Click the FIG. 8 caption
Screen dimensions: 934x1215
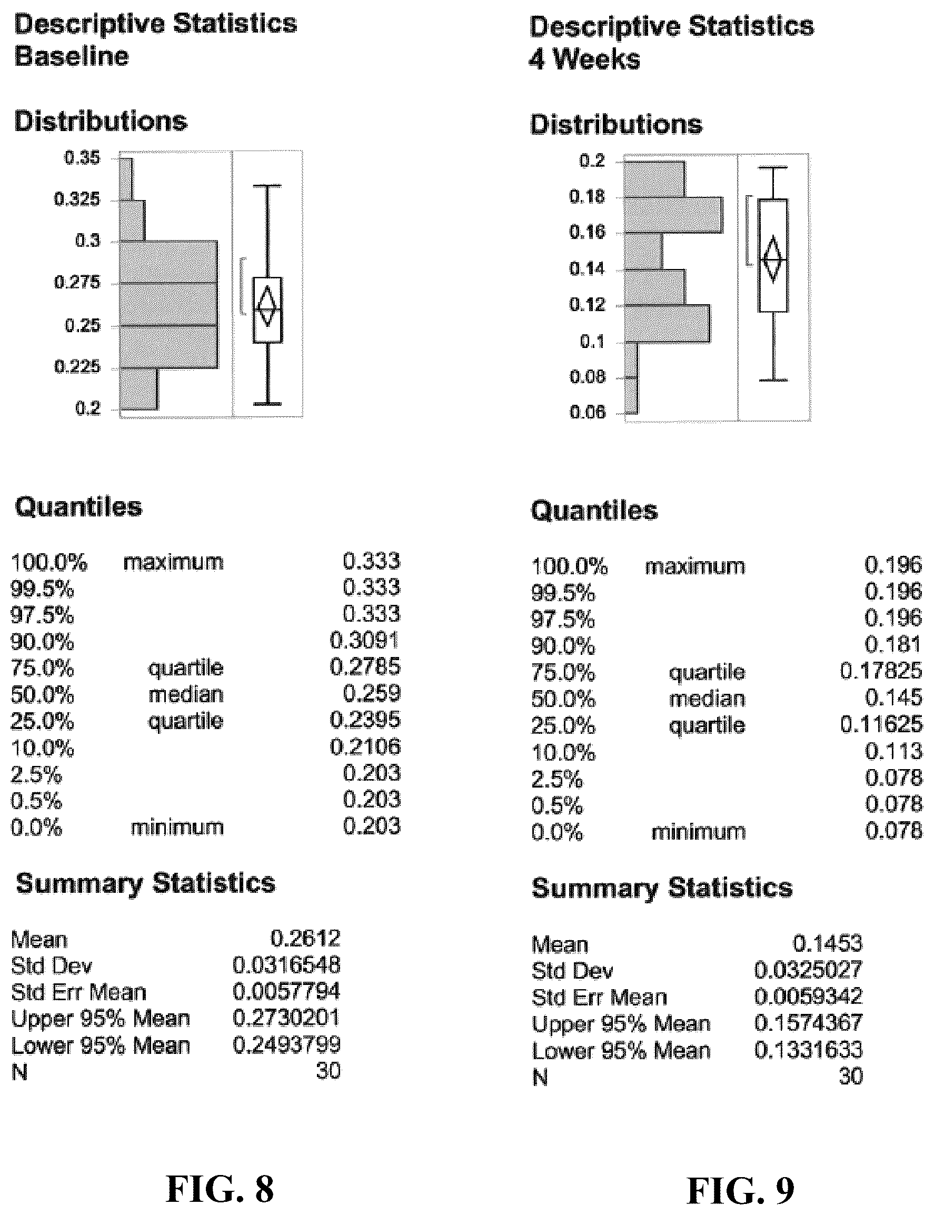tap(220, 1189)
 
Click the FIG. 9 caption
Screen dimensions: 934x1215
tap(741, 1191)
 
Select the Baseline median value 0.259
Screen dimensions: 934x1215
tap(371, 693)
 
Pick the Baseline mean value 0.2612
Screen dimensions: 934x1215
tap(305, 939)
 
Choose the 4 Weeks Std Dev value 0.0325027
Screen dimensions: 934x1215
tap(808, 970)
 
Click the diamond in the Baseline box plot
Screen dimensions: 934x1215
tap(267, 306)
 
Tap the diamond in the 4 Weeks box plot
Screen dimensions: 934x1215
tap(773, 259)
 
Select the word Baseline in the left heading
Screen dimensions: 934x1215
tap(71, 56)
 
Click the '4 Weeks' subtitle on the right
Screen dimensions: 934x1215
tap(584, 59)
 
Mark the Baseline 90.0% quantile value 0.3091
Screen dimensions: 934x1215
tap(365, 640)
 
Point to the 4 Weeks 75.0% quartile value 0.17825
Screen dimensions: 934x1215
tap(881, 671)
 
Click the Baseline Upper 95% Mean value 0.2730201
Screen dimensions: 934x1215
tap(286, 1018)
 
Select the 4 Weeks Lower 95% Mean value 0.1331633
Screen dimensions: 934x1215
tap(808, 1050)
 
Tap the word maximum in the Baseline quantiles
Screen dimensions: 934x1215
tap(173, 562)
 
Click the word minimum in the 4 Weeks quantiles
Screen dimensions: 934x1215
tap(698, 832)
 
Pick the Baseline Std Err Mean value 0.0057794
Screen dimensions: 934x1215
tap(286, 992)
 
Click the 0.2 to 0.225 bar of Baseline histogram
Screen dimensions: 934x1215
tap(139, 389)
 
